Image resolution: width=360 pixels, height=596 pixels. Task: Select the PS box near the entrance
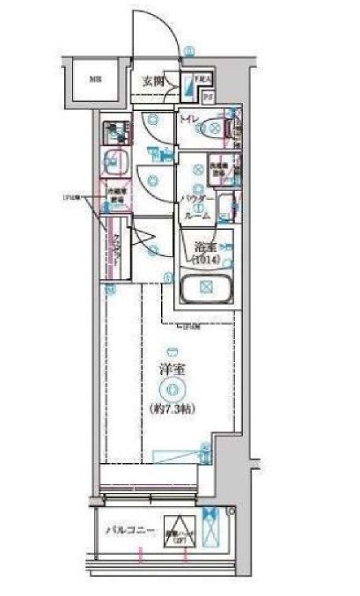[209, 94]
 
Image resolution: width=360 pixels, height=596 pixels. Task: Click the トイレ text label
[188, 119]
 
